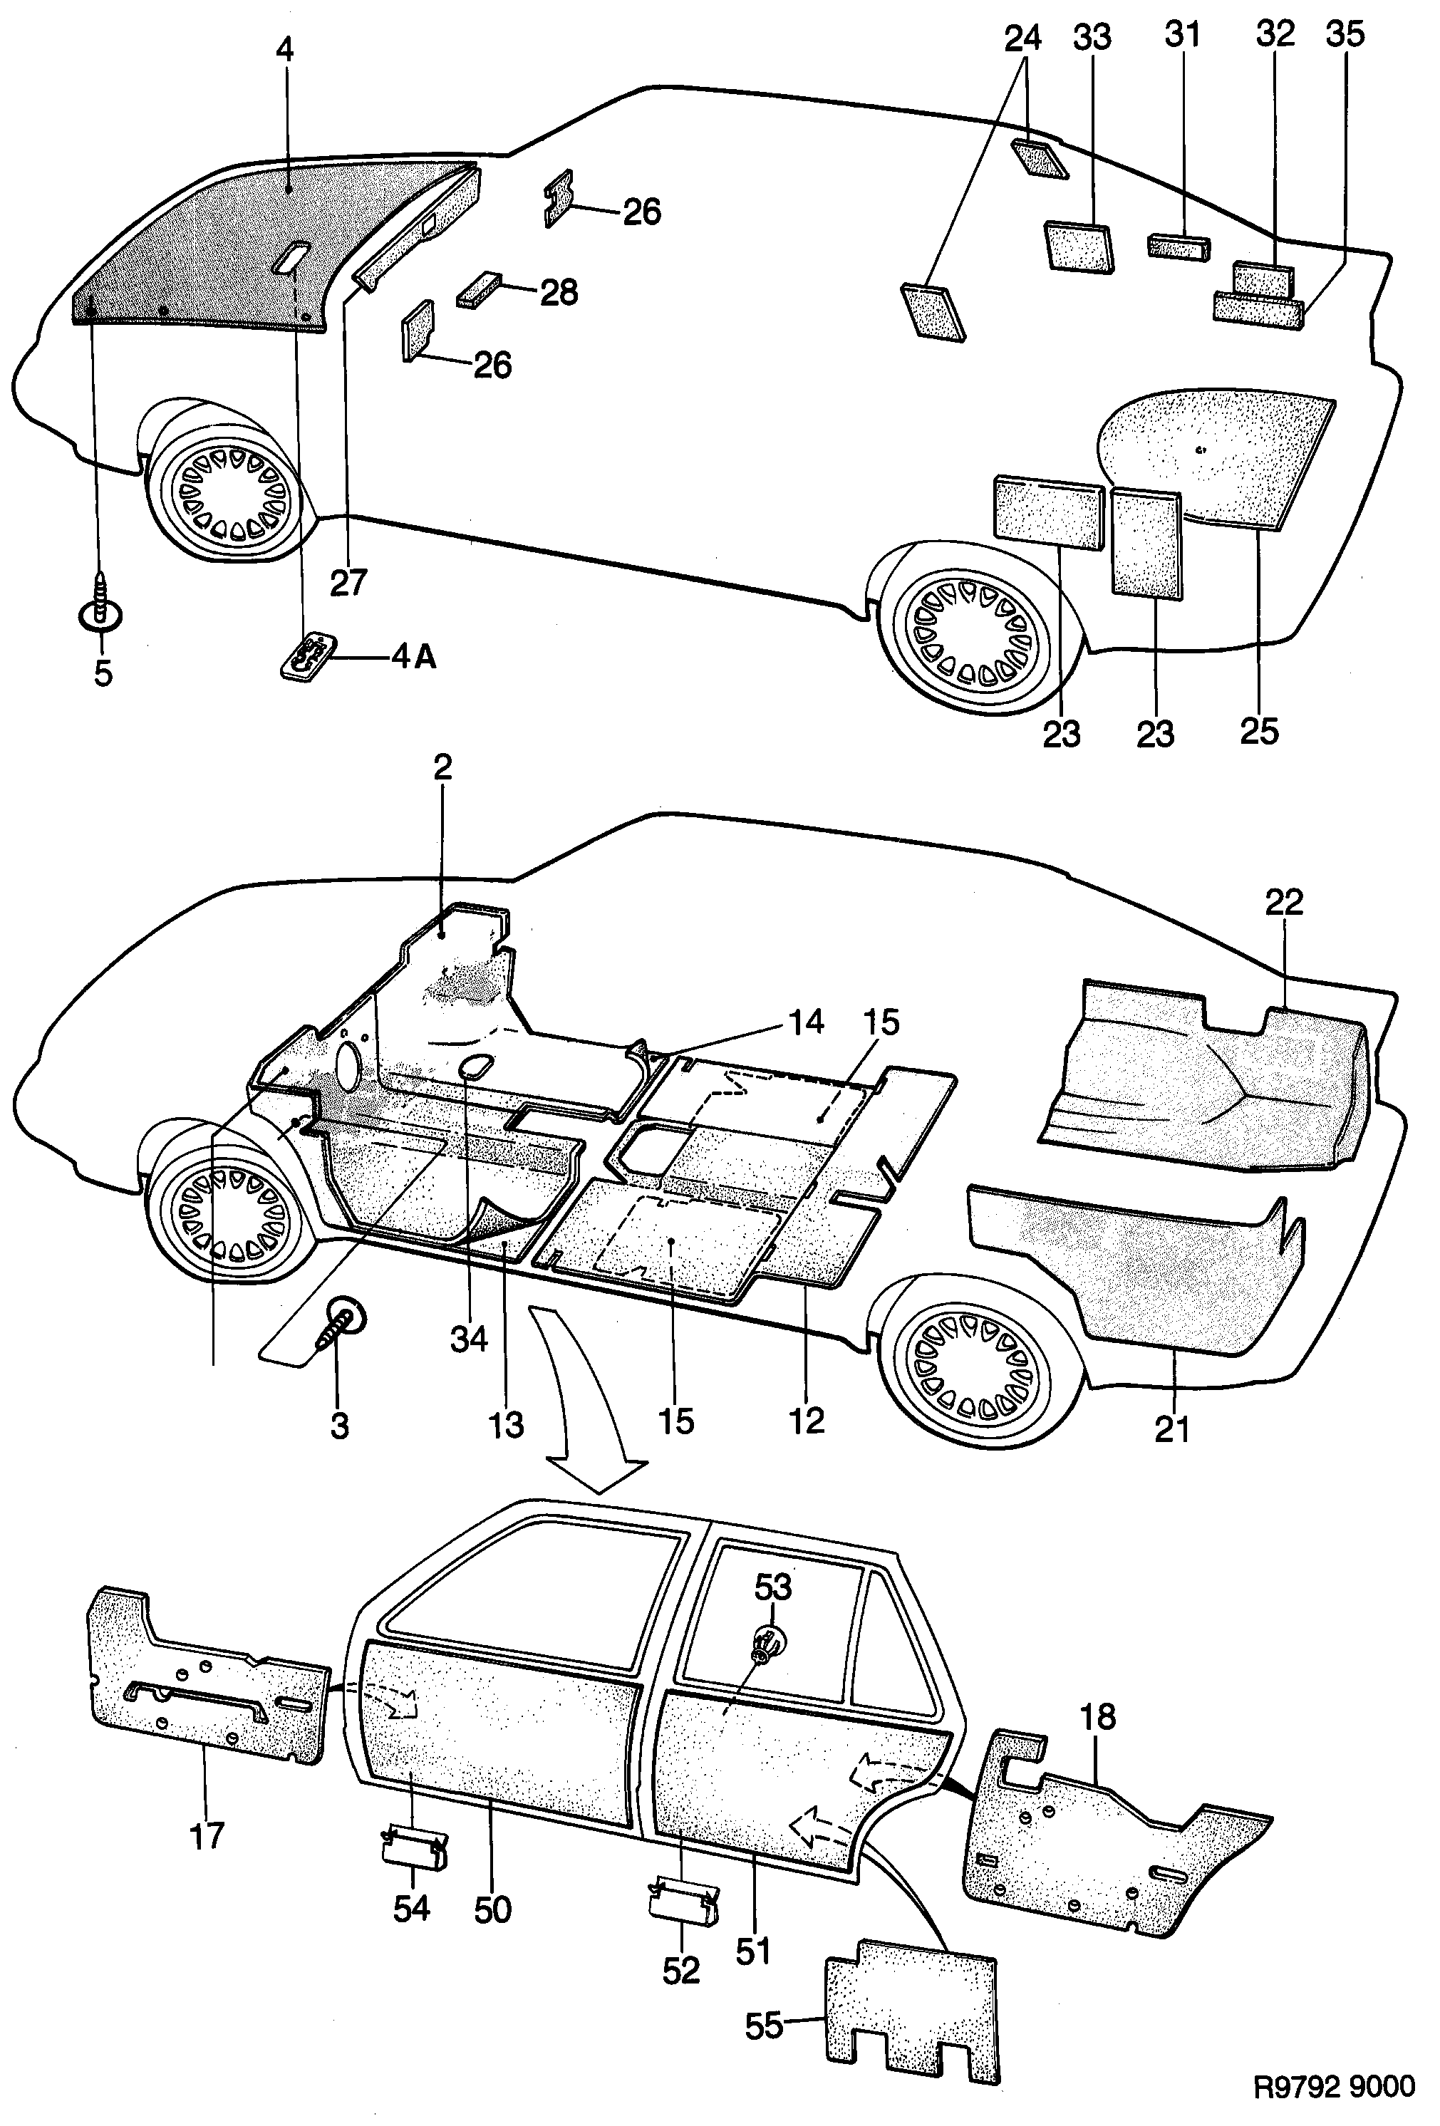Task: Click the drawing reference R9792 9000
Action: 1334,2086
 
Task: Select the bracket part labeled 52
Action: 683,1904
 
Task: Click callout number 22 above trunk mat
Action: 1283,902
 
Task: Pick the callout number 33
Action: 1092,36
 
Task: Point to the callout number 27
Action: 348,582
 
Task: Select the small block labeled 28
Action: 480,291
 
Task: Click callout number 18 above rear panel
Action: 1097,1717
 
